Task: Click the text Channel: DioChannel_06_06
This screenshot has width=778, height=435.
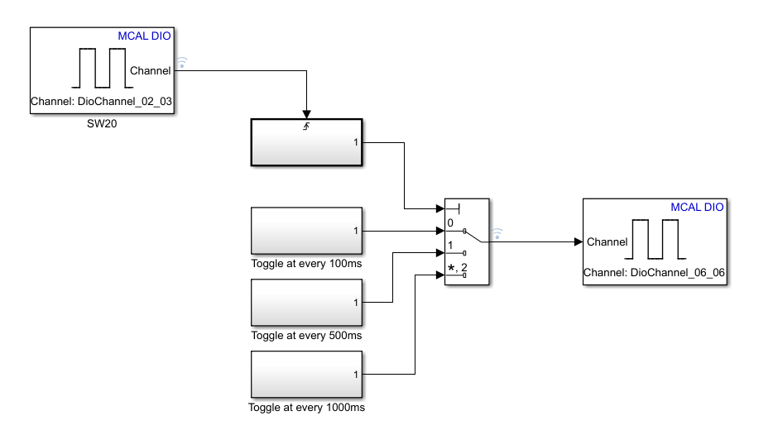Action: click(655, 272)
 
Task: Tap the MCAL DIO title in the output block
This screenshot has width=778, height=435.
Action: click(697, 207)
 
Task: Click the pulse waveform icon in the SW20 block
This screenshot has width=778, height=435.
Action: click(99, 69)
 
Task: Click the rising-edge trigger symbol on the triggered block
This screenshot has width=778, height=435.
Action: click(307, 127)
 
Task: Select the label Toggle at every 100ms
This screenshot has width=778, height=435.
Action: click(306, 264)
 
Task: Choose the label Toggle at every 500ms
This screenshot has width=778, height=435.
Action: click(306, 336)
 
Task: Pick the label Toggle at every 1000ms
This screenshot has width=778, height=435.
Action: click(306, 408)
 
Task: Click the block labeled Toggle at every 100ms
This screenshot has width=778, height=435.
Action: click(306, 232)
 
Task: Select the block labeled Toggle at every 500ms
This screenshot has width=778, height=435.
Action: click(306, 304)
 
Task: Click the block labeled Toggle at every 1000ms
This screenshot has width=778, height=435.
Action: click(306, 375)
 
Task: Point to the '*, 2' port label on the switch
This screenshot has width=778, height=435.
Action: click(457, 266)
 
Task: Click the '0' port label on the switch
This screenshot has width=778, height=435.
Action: click(450, 223)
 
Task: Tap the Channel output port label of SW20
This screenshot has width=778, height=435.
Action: click(151, 71)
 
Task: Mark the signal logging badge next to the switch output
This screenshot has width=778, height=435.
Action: click(497, 233)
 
